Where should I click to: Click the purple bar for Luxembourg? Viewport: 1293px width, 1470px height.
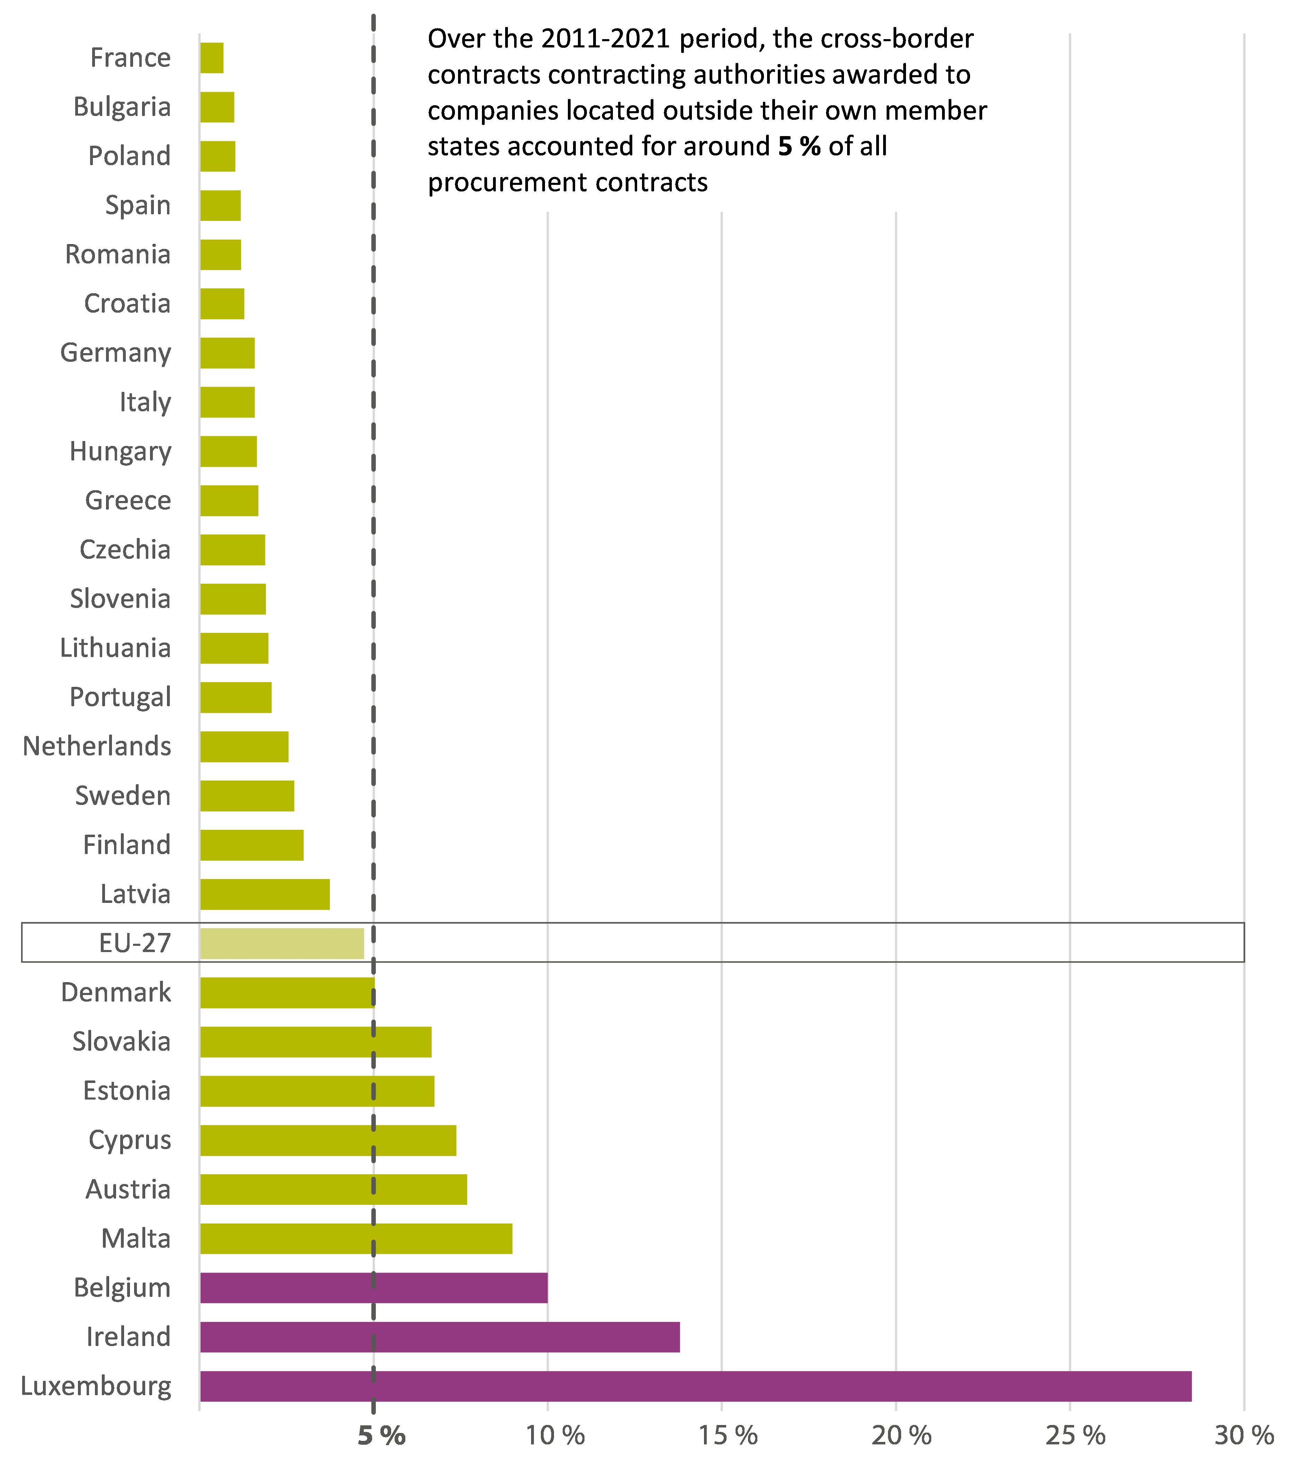(x=695, y=1386)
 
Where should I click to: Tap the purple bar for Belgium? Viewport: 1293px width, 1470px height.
(x=373, y=1287)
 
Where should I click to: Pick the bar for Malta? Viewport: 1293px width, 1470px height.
(x=356, y=1238)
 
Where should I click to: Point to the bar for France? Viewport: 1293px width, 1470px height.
(x=212, y=57)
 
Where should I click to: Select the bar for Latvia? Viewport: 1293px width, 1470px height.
(x=265, y=894)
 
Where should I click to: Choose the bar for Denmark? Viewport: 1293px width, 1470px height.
(x=287, y=993)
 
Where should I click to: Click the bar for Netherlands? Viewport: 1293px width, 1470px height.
(x=244, y=746)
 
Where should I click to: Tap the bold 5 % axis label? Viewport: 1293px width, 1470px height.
(x=381, y=1436)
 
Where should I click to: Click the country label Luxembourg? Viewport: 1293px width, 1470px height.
(x=96, y=1386)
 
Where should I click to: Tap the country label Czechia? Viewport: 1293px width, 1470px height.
(x=125, y=549)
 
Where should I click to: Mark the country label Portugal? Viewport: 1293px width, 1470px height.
(x=120, y=697)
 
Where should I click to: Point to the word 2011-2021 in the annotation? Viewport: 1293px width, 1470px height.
(x=606, y=39)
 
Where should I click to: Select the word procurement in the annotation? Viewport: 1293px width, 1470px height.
(x=507, y=183)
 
